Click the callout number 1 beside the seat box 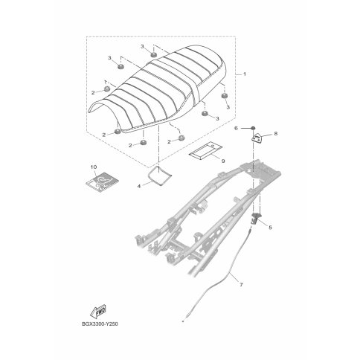[245, 74]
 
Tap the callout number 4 [139, 186]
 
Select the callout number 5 [270, 227]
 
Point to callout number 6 [236, 128]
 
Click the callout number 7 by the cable [241, 285]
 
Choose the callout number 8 [276, 134]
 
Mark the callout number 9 [223, 161]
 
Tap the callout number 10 [94, 167]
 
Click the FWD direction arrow [98, 311]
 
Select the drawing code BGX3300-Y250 [100, 324]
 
